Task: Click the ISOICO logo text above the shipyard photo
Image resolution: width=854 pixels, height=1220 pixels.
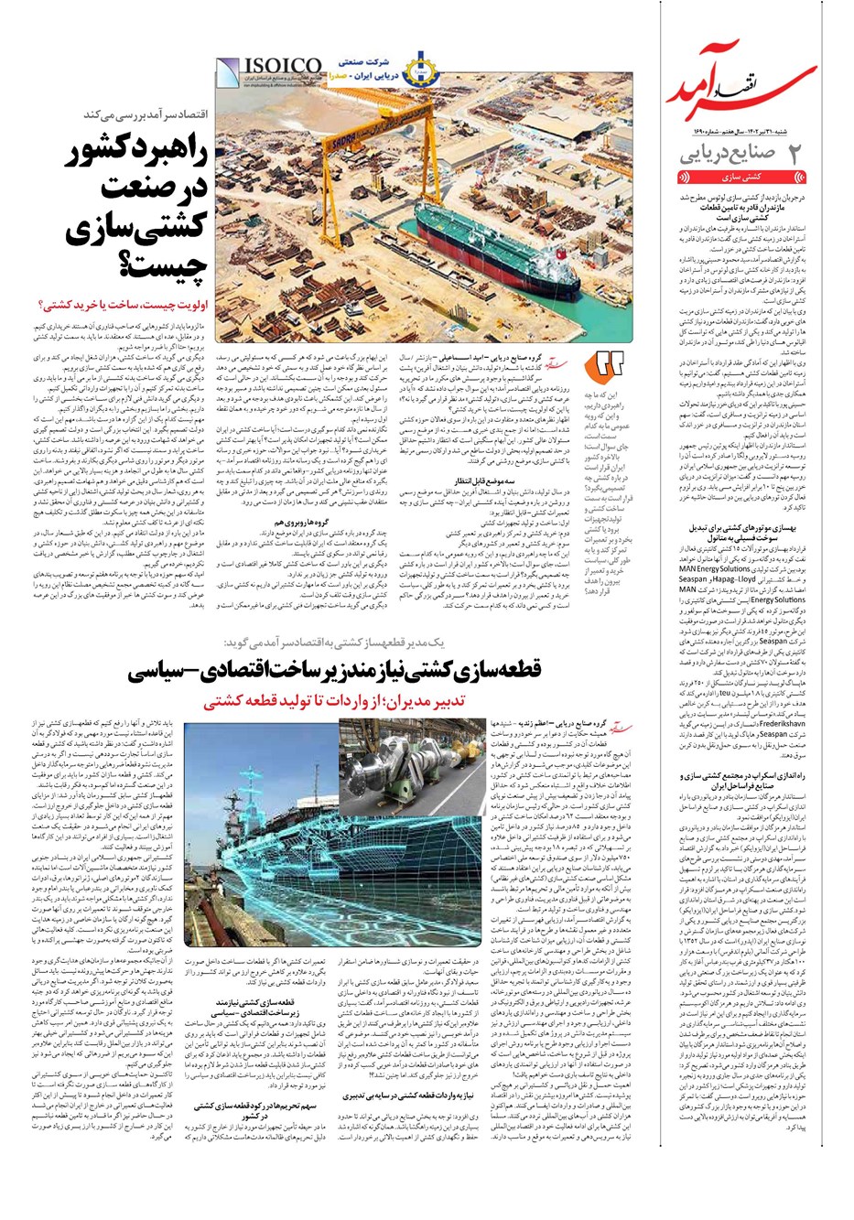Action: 269,65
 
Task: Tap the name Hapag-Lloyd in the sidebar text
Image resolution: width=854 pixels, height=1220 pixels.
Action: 728,579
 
